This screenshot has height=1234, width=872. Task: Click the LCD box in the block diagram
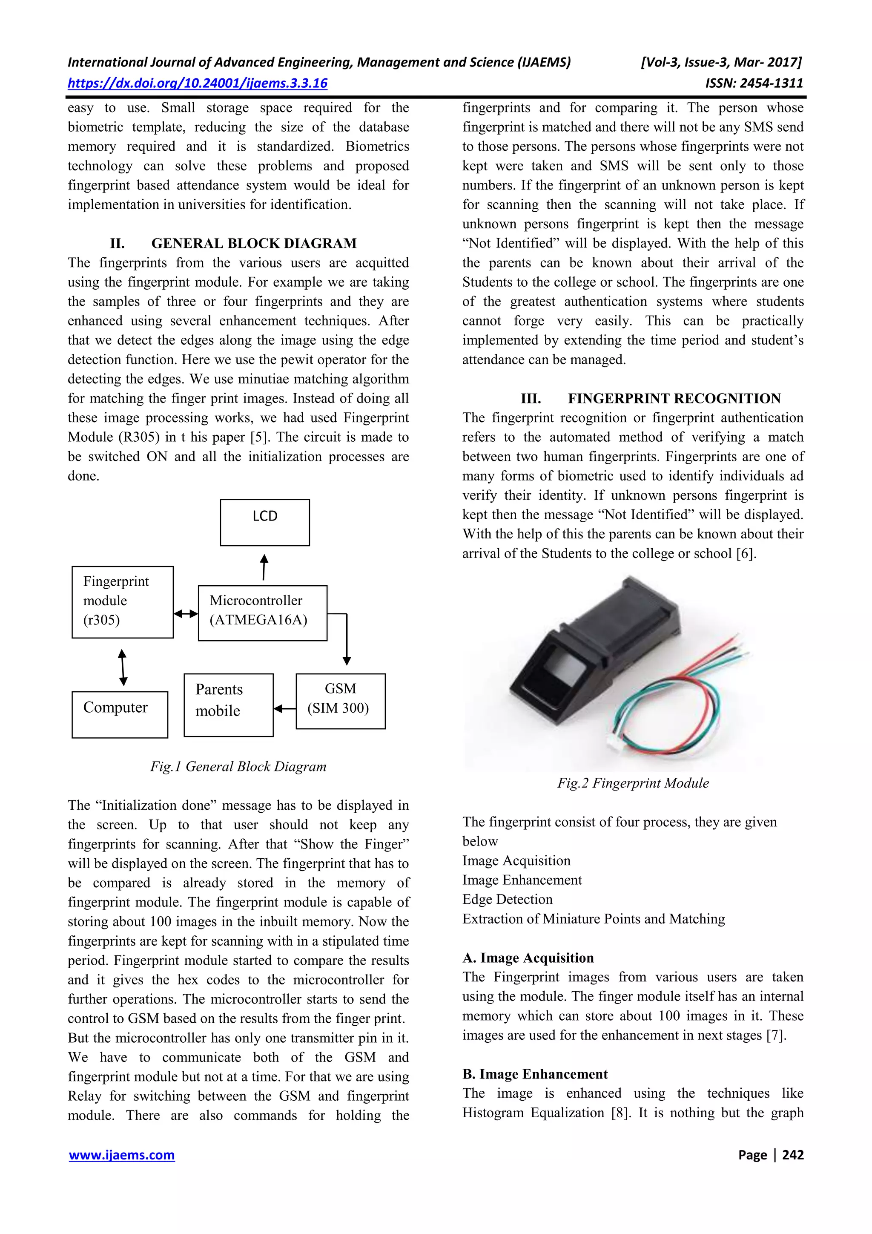(x=264, y=522)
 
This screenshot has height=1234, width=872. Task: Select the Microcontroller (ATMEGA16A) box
(x=262, y=613)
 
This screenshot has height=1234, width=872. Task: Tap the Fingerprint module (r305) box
(x=123, y=602)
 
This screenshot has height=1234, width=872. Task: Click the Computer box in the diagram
(x=119, y=714)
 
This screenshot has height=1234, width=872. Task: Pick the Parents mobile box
(x=228, y=705)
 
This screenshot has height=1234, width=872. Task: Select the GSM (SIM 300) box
(x=340, y=701)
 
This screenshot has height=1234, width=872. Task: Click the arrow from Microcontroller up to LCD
(x=264, y=567)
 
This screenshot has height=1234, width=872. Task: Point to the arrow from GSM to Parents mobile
(x=285, y=709)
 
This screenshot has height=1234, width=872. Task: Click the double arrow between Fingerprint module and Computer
(x=123, y=667)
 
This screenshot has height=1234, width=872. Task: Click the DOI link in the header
(x=197, y=83)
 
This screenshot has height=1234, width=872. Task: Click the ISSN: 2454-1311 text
(x=754, y=83)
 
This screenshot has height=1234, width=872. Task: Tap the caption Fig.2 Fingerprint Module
(x=632, y=783)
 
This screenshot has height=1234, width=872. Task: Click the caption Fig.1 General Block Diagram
(x=238, y=766)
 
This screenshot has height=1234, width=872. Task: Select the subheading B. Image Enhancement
(x=535, y=1074)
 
